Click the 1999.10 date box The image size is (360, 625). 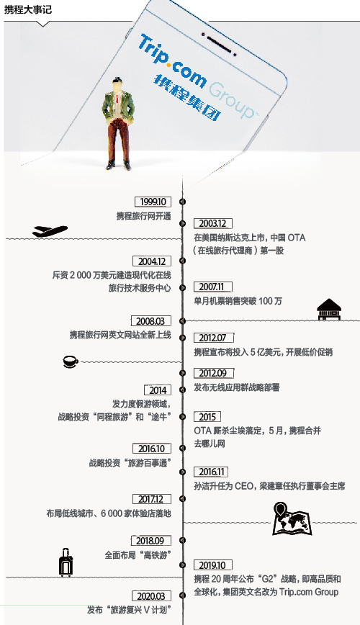(153, 202)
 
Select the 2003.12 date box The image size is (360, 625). (212, 224)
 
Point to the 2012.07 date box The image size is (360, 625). (212, 338)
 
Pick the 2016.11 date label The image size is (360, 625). (212, 472)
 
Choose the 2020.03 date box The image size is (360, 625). (150, 596)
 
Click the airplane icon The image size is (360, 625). (50, 231)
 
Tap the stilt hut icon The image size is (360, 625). (329, 310)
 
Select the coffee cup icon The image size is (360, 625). (71, 361)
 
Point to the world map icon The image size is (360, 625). (292, 519)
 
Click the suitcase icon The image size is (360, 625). (66, 562)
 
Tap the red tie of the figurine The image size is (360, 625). (117, 101)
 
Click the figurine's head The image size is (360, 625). (117, 85)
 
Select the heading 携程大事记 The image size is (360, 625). (28, 9)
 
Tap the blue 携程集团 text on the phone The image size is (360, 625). (186, 98)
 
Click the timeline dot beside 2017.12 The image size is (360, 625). (183, 499)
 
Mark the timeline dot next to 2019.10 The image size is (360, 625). (183, 565)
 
